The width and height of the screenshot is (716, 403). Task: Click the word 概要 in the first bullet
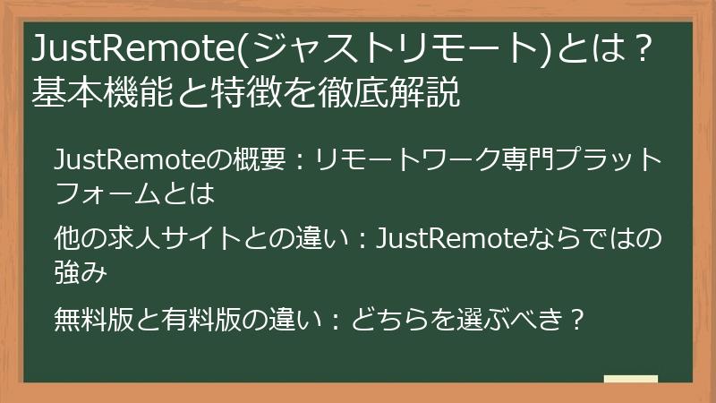tap(257, 161)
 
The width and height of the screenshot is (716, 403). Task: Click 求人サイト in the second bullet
tap(166, 239)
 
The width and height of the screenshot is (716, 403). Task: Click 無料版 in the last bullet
tap(92, 318)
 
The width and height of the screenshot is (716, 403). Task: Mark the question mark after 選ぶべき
tap(576, 318)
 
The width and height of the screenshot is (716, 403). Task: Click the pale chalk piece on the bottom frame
tap(630, 379)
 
